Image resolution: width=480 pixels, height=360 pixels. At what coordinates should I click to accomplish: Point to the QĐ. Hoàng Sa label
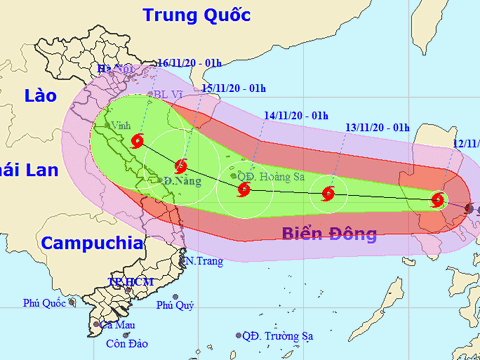[270, 176]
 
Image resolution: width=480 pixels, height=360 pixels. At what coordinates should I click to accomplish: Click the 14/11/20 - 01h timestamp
[296, 115]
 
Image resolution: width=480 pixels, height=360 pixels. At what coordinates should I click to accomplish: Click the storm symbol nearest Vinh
[137, 142]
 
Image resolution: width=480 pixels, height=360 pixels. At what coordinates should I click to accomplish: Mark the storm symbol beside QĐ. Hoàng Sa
[243, 188]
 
